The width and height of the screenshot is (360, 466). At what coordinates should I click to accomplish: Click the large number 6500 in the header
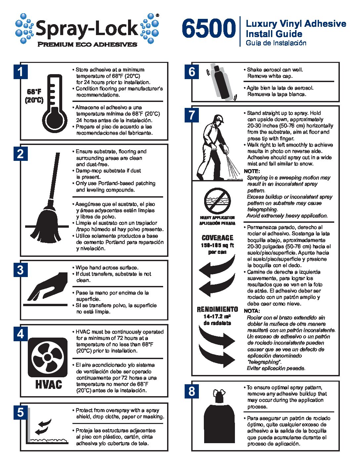pos(209,28)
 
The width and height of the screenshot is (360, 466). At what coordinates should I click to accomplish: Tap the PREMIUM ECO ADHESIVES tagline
pos(87,44)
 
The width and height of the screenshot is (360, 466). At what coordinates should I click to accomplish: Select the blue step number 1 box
pos(21,72)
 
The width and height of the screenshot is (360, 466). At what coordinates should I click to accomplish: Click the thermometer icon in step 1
pos(55,103)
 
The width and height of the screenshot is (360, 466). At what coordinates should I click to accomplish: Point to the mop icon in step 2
pos(47,198)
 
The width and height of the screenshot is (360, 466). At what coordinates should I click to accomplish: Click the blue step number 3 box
pos(21,270)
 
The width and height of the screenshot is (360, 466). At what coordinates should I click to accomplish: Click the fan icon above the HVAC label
pos(48,357)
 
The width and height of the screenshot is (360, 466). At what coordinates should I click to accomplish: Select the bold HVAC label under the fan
pos(49,385)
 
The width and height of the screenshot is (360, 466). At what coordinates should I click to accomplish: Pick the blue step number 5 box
pos(21,412)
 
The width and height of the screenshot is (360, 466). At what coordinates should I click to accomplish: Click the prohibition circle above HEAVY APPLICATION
pos(217,201)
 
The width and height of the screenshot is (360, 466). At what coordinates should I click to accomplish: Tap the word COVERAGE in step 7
pos(217,238)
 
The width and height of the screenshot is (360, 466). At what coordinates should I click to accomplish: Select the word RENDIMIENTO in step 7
pos(217,309)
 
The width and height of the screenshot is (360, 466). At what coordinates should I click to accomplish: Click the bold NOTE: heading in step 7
pos(252,171)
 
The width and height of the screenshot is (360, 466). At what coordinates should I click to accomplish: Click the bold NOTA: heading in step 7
pos(252,311)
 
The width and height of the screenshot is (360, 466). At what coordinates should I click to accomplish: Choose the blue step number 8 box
pos(192,391)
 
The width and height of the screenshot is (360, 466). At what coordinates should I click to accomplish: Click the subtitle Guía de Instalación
pos(276,43)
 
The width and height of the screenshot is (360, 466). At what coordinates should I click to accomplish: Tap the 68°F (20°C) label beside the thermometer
pos(34,96)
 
